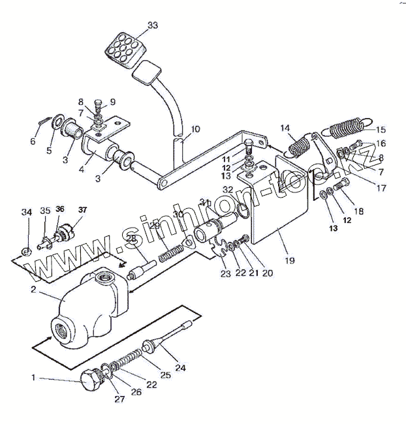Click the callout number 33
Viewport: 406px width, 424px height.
pyautogui.click(x=152, y=25)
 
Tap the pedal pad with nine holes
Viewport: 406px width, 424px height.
pyautogui.click(x=121, y=48)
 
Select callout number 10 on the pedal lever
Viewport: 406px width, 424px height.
pyautogui.click(x=195, y=129)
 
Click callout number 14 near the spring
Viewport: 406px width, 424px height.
pyautogui.click(x=285, y=127)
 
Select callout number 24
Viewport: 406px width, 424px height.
pyautogui.click(x=180, y=368)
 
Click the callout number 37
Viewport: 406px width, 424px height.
pyautogui.click(x=82, y=209)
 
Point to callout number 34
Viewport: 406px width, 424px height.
pyautogui.click(x=26, y=212)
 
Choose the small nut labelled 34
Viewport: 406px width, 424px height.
pyautogui.click(x=26, y=250)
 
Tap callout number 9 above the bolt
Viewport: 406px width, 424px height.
pyautogui.click(x=112, y=101)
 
